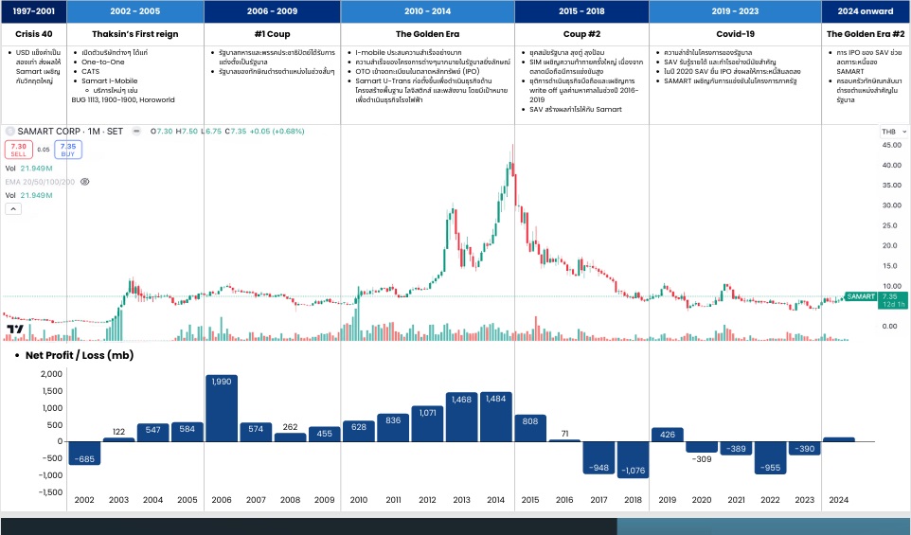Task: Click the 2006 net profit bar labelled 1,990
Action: (x=221, y=407)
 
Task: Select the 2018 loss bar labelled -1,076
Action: (x=634, y=459)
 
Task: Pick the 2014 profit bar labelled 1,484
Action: (x=496, y=416)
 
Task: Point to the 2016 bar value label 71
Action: (x=564, y=432)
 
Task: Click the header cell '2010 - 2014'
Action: (x=427, y=11)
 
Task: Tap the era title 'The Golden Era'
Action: (x=427, y=34)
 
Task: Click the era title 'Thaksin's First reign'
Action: (x=135, y=34)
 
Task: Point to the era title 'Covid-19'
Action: (x=735, y=34)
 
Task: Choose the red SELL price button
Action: (x=18, y=149)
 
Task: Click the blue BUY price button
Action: (x=67, y=149)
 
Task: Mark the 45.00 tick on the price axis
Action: (x=889, y=145)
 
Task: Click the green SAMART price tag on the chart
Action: (x=861, y=296)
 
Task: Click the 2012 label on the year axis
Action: (x=427, y=500)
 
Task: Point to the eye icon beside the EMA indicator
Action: (x=85, y=180)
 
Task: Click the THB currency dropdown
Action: (x=889, y=131)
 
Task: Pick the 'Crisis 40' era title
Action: (x=33, y=34)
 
